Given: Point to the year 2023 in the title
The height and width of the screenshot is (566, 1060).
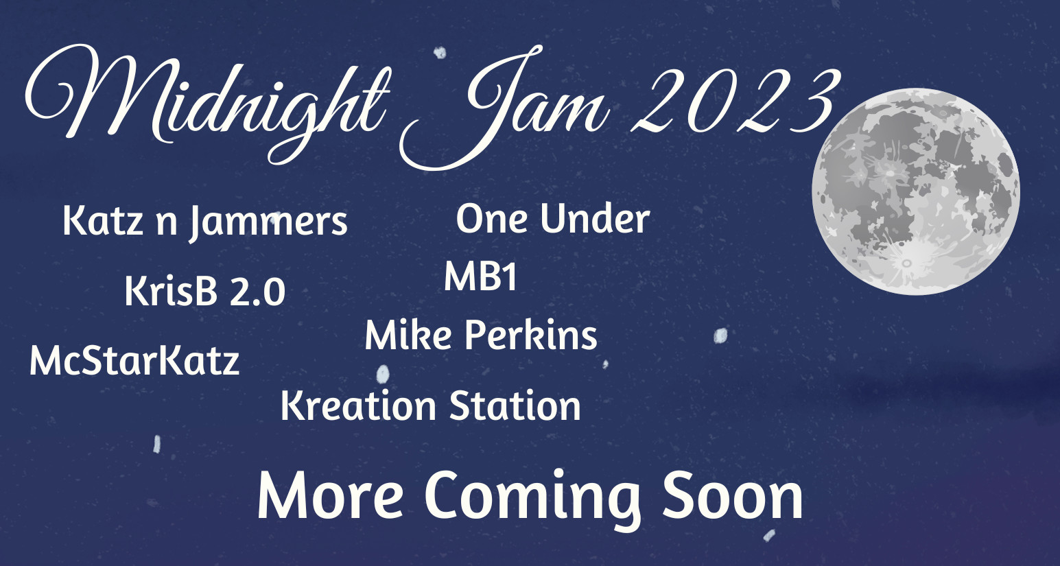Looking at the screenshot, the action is pyautogui.click(x=734, y=102).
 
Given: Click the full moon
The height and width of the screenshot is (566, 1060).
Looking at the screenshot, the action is pyautogui.click(x=916, y=191).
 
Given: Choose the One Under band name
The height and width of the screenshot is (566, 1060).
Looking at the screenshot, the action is pyautogui.click(x=553, y=219).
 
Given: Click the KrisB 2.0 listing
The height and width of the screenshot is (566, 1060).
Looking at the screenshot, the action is pyautogui.click(x=205, y=292).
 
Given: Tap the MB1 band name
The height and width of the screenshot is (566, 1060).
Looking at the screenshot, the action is pyautogui.click(x=480, y=276).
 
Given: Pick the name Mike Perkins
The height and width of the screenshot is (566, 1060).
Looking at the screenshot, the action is pyautogui.click(x=481, y=335).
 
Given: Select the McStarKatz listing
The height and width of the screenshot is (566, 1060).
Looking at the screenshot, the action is pyautogui.click(x=134, y=362).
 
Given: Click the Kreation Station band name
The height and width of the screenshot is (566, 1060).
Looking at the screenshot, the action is pyautogui.click(x=431, y=405).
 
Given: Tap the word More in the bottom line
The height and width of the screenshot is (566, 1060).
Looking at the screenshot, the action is pyautogui.click(x=330, y=495).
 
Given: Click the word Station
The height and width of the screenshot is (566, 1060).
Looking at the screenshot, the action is pyautogui.click(x=515, y=405).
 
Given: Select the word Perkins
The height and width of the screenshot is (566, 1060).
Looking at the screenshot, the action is pyautogui.click(x=530, y=335).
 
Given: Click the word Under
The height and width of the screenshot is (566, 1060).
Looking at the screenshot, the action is pyautogui.click(x=595, y=219).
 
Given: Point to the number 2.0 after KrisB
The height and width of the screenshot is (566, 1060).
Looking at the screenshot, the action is pyautogui.click(x=257, y=292).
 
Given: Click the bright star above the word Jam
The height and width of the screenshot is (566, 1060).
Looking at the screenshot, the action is pyautogui.click(x=440, y=53).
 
